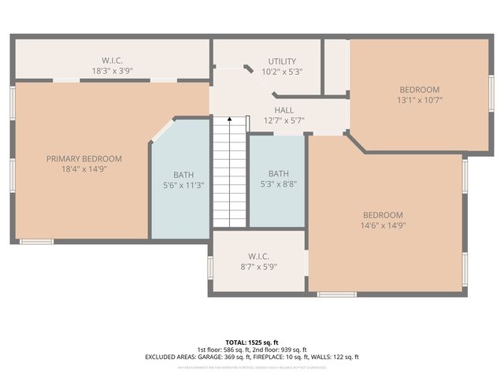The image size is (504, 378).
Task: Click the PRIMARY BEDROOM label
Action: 83,158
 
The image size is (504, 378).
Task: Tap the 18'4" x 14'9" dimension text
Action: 83,169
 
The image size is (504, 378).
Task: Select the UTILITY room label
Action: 281,61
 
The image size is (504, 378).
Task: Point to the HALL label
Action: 283,110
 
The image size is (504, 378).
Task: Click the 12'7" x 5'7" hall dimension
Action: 283,120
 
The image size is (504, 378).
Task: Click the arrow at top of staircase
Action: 230,120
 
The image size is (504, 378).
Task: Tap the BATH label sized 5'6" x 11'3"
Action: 183,175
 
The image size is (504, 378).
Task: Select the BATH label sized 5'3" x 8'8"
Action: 278,174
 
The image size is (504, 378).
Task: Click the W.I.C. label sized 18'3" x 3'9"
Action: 113,60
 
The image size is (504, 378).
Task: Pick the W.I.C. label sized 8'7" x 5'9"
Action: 258,256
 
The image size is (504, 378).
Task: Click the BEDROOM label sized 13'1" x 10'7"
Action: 419,90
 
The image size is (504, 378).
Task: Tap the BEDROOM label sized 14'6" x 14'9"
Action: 383,215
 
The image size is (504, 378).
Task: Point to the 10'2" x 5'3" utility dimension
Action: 281,71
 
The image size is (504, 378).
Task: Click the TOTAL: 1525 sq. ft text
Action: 251,342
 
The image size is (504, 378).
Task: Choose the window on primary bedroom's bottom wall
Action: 36,241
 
